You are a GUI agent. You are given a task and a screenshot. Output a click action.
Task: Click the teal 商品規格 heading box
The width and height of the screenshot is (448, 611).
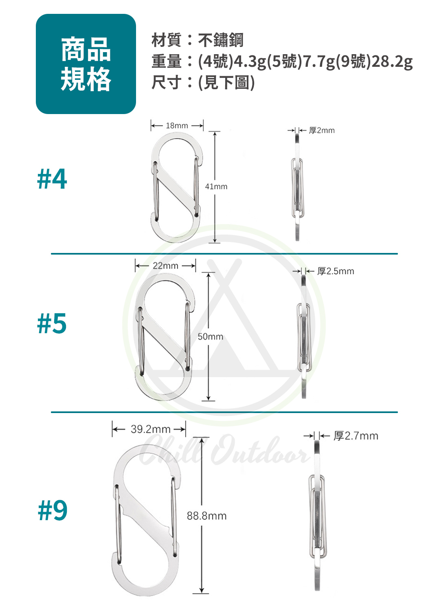point(86,64)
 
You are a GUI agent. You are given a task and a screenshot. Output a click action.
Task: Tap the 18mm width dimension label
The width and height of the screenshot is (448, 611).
point(177,125)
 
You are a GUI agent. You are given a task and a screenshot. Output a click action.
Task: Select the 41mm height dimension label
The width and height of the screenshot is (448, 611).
point(216,187)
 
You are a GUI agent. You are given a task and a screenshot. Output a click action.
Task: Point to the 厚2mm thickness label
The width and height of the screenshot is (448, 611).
point(321,130)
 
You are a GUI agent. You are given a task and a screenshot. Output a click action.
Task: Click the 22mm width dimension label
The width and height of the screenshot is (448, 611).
point(165,266)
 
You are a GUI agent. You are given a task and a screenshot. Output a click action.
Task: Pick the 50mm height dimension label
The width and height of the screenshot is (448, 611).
point(210,336)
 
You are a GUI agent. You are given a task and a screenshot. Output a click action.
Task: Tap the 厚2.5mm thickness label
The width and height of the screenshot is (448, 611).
point(335,271)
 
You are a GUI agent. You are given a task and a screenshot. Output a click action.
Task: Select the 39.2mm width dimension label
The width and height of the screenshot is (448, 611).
point(151,429)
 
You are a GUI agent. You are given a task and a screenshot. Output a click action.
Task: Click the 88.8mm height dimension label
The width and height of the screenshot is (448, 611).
point(206,516)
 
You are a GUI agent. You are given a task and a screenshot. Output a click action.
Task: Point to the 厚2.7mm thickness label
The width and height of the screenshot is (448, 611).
point(356,436)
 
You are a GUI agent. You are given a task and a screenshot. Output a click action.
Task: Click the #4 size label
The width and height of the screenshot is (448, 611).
point(52,179)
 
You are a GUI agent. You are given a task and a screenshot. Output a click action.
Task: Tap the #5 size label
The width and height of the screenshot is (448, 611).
point(52,323)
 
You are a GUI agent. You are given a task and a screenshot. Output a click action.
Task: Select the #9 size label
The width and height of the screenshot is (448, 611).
point(53,510)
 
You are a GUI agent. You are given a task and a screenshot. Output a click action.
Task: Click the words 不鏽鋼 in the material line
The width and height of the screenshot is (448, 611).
point(220,40)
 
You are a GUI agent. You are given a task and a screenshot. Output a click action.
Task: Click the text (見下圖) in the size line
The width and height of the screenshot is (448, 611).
point(226,82)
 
